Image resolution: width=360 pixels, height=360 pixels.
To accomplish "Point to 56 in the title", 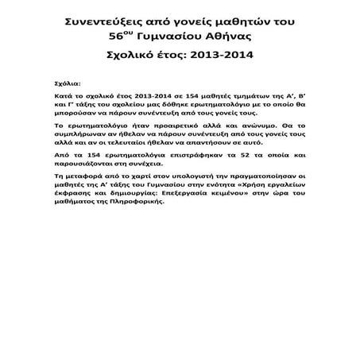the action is pos(119,37).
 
